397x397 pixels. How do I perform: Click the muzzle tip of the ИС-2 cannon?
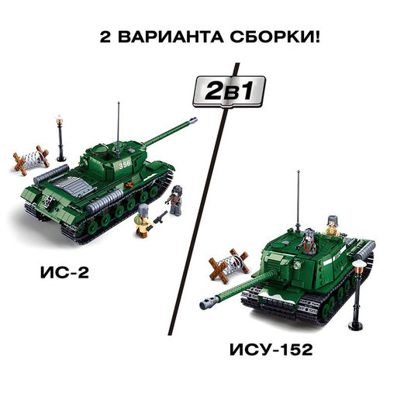[191, 119]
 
